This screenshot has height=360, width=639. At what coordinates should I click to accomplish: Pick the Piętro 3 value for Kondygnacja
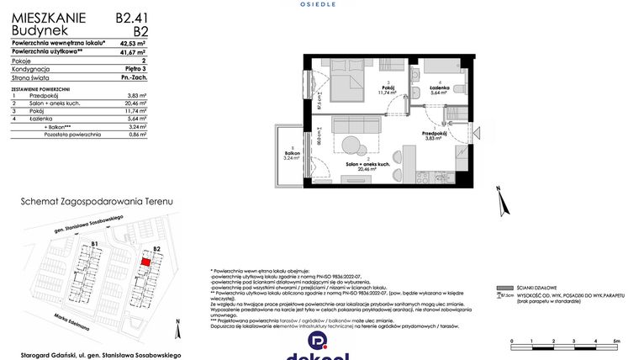[x=134, y=70]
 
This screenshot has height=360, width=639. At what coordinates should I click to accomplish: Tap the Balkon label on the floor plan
[x=291, y=154]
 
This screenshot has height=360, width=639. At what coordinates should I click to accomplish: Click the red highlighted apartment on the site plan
[x=145, y=262]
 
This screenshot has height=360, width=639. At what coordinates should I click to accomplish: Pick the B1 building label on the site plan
[x=95, y=245]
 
